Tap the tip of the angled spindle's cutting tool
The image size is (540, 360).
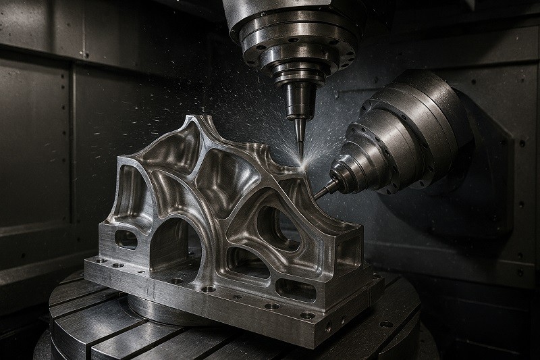click(x=315, y=197)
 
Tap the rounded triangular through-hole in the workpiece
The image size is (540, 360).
click(x=273, y=226)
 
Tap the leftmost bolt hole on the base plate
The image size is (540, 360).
click(x=99, y=260)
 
